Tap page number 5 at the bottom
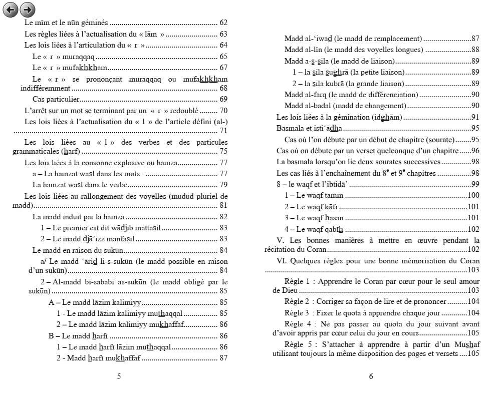(x=118, y=376)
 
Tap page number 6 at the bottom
(x=371, y=376)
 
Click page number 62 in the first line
(x=223, y=23)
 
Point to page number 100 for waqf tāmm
(x=473, y=195)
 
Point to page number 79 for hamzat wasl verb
(x=223, y=184)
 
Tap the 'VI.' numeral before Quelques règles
(x=283, y=260)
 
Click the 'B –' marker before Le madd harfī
(x=54, y=335)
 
